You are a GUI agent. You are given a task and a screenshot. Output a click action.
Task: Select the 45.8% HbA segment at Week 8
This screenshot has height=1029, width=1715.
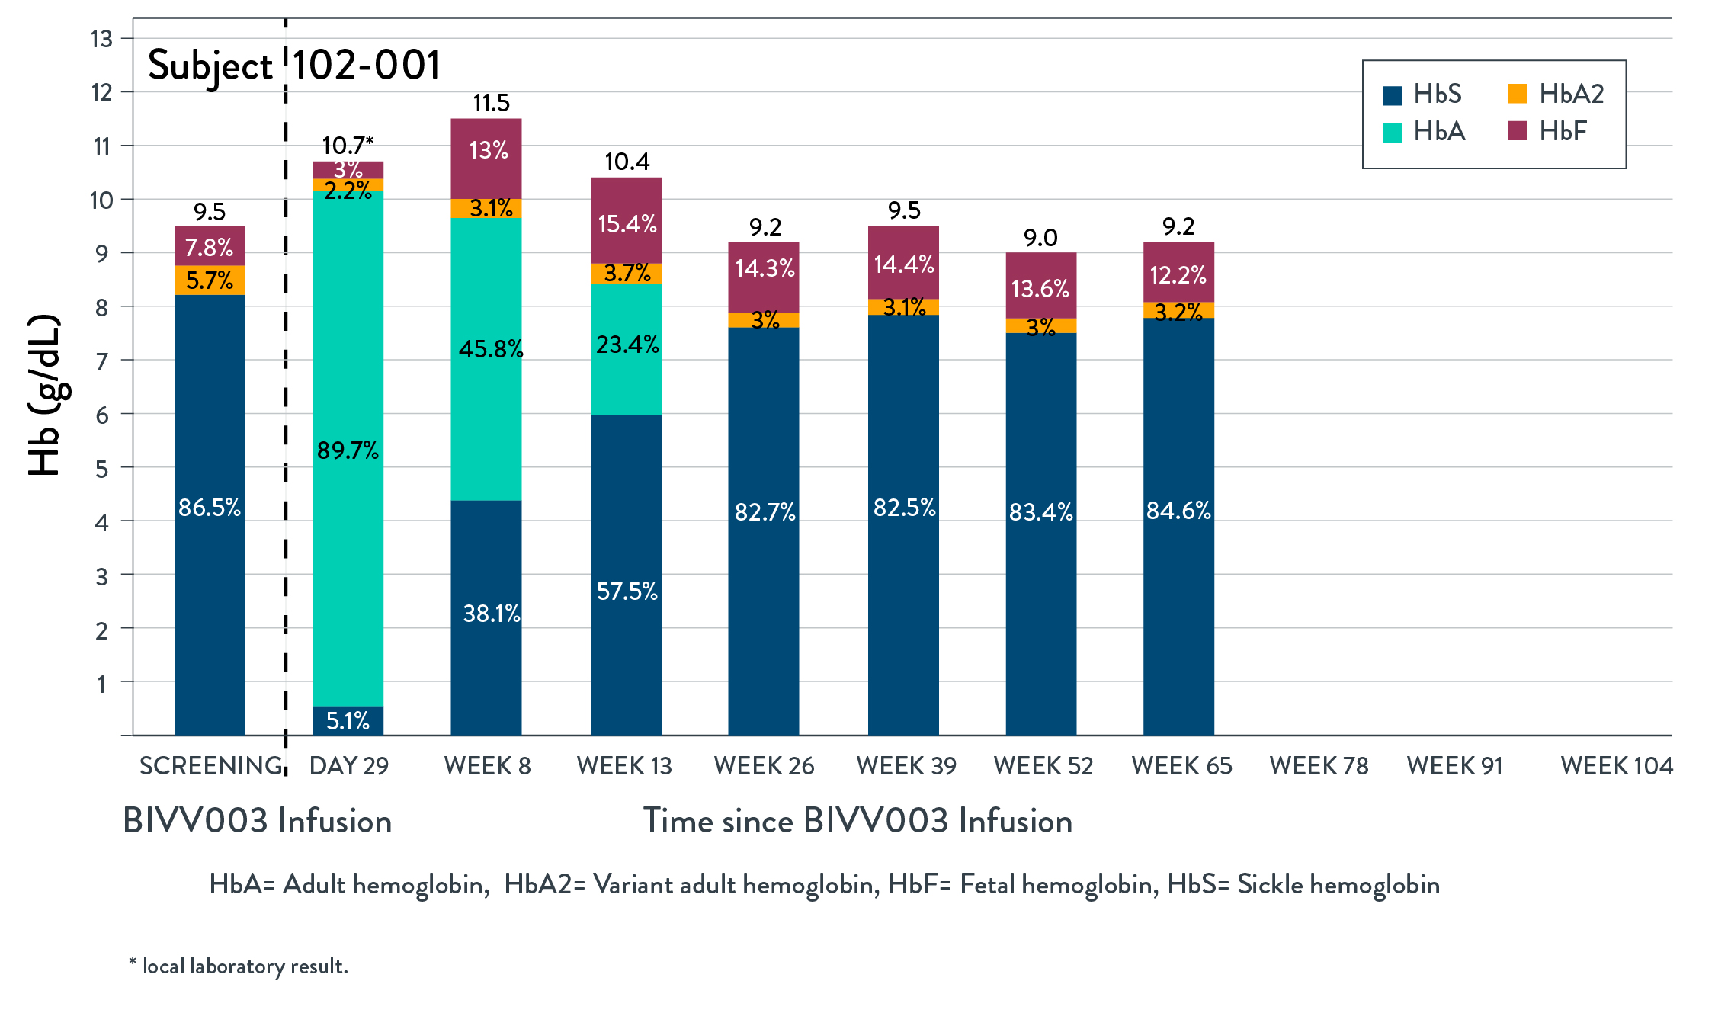click(x=486, y=358)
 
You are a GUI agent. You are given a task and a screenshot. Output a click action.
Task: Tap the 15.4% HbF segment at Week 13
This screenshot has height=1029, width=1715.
click(x=626, y=221)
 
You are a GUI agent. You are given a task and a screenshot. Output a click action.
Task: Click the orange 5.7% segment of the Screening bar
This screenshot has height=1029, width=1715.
click(x=210, y=280)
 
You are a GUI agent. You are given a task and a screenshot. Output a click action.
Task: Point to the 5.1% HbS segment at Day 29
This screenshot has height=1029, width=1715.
click(x=348, y=720)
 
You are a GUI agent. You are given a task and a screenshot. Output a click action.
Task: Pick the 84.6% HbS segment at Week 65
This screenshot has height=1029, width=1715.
click(x=1178, y=526)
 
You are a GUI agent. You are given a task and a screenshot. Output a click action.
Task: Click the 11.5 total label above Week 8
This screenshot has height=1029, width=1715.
click(x=491, y=103)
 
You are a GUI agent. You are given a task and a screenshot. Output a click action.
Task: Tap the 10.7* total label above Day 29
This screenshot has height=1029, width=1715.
click(x=348, y=145)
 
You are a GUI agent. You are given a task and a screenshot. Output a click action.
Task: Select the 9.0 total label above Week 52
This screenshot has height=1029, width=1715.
click(x=1040, y=238)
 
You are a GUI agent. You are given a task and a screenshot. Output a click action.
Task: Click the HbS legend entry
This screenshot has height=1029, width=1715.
click(x=1422, y=95)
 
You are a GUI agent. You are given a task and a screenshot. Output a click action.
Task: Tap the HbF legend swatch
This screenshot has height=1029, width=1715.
click(x=1518, y=131)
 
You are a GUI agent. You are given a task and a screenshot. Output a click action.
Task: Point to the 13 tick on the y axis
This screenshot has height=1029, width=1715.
click(x=102, y=38)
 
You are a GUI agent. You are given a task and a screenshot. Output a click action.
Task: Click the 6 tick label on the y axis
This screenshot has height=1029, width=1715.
click(x=102, y=415)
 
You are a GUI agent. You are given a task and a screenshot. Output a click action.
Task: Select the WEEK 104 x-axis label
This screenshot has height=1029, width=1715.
click(x=1616, y=765)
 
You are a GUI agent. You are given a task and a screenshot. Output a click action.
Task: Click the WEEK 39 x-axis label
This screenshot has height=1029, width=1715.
click(x=906, y=765)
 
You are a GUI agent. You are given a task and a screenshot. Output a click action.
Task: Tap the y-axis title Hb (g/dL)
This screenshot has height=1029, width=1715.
click(x=44, y=395)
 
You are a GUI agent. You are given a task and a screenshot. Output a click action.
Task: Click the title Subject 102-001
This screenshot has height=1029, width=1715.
click(x=294, y=65)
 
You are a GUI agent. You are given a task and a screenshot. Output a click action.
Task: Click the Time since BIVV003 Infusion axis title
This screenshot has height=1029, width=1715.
click(x=857, y=821)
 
